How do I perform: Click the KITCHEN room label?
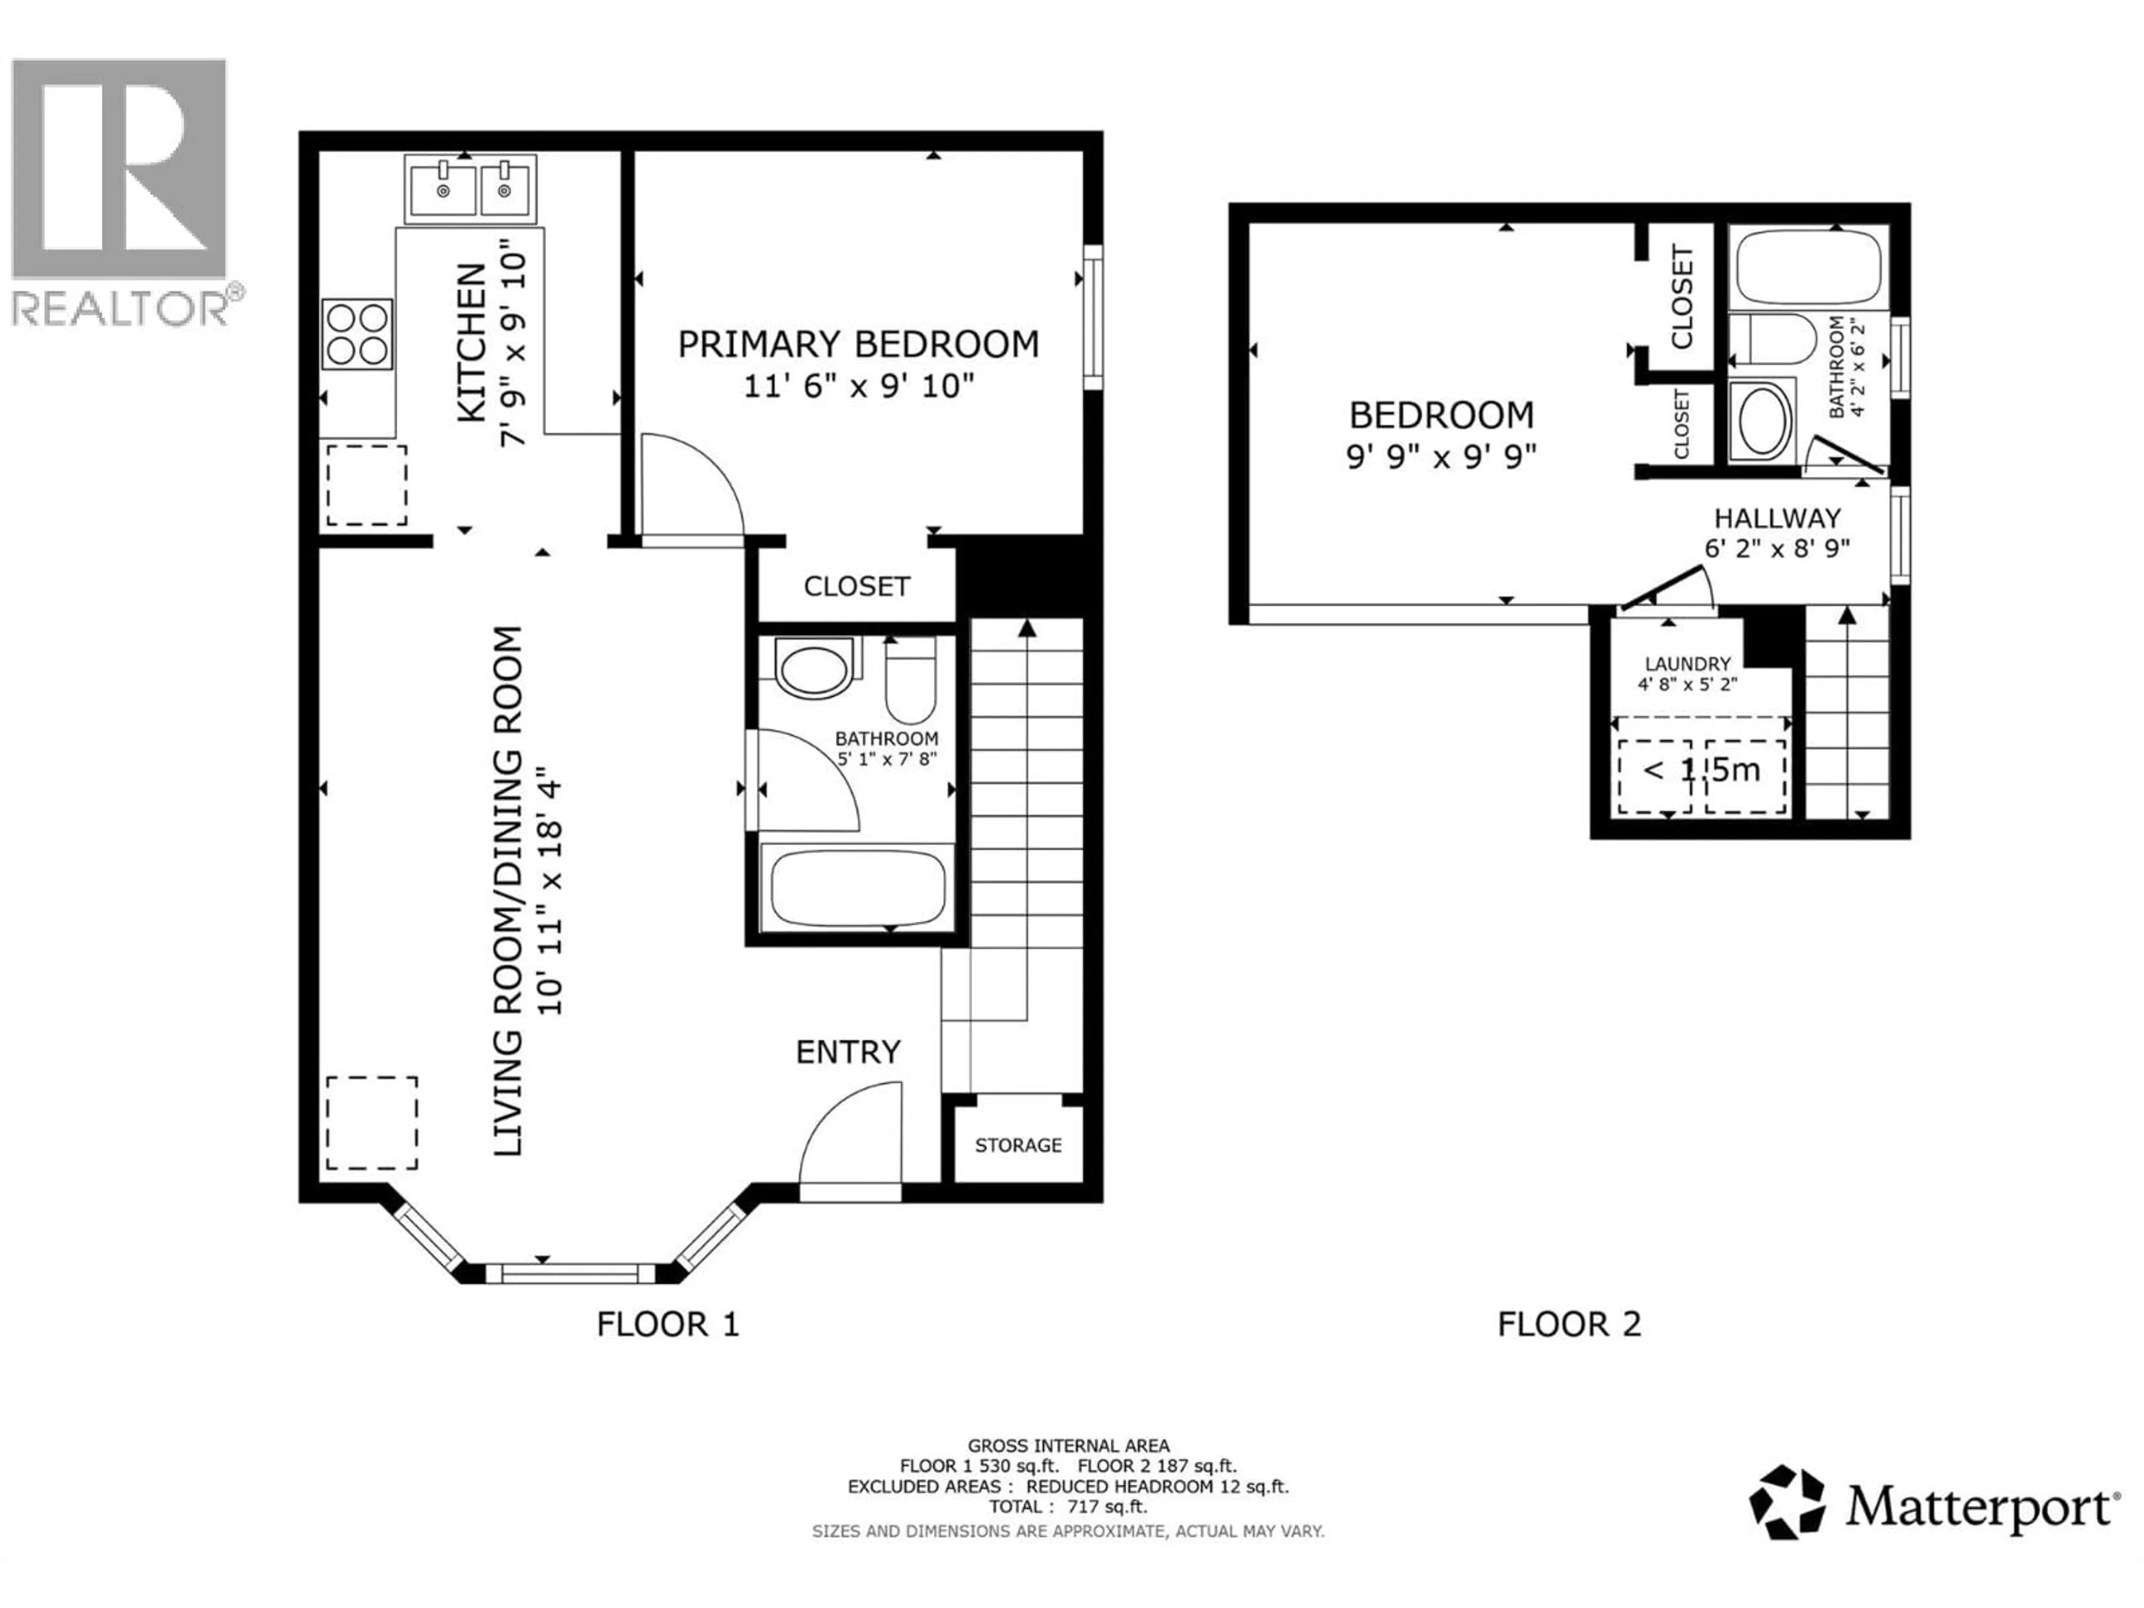tap(472, 343)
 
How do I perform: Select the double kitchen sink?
tap(471, 189)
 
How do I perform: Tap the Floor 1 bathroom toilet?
tap(910, 681)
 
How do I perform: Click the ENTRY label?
tap(848, 1052)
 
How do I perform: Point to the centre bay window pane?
tap(562, 1272)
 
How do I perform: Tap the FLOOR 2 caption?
tap(1569, 1324)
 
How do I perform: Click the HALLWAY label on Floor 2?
tap(1777, 519)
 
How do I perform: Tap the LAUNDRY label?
tap(1687, 664)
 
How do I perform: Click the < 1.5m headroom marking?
tap(1701, 770)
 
